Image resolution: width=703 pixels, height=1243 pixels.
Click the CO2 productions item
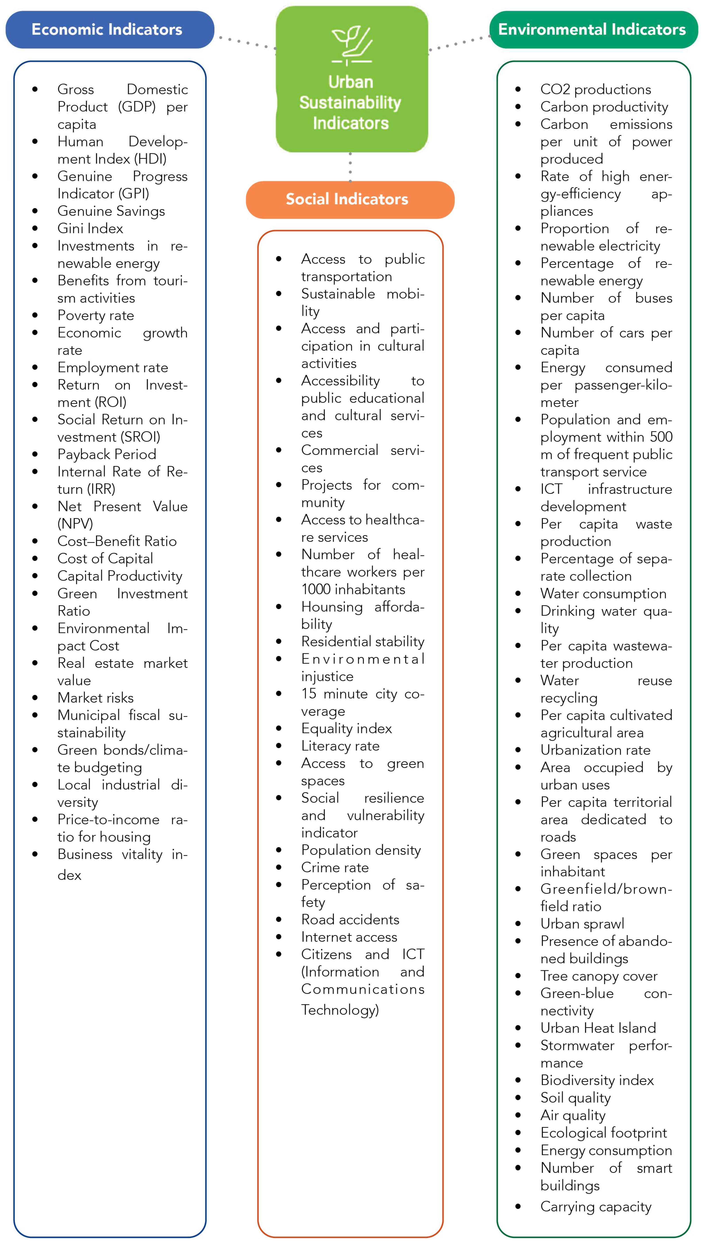(595, 89)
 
